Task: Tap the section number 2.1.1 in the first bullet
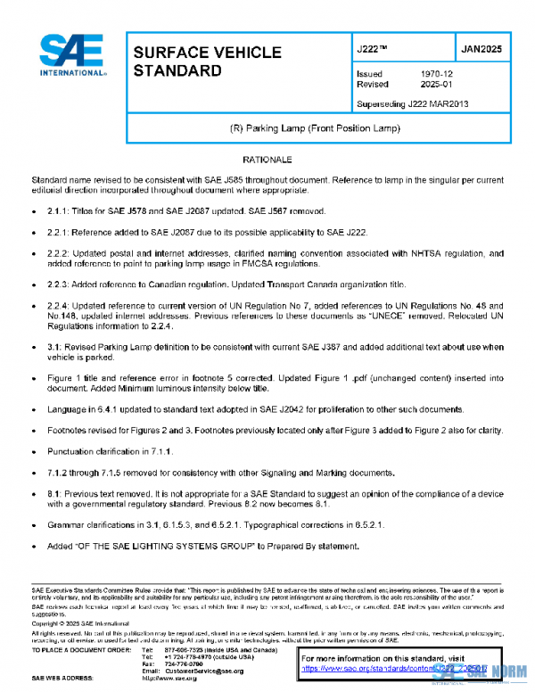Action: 59,211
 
